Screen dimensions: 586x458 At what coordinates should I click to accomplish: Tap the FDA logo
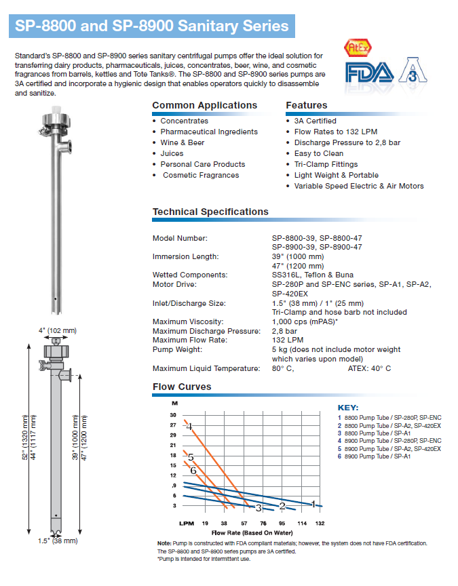point(368,73)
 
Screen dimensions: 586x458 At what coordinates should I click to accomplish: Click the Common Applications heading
point(204,105)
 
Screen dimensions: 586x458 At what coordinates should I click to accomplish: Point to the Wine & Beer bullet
point(182,142)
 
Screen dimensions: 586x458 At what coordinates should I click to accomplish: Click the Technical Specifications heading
point(210,212)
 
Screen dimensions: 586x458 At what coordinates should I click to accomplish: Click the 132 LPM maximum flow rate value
point(287,340)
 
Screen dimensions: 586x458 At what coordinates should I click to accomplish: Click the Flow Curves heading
point(182,387)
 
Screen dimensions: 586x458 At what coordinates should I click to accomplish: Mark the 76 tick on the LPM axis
point(263,524)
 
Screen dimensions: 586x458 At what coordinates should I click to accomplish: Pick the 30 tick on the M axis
point(173,414)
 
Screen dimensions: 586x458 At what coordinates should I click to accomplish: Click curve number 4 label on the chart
point(190,427)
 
